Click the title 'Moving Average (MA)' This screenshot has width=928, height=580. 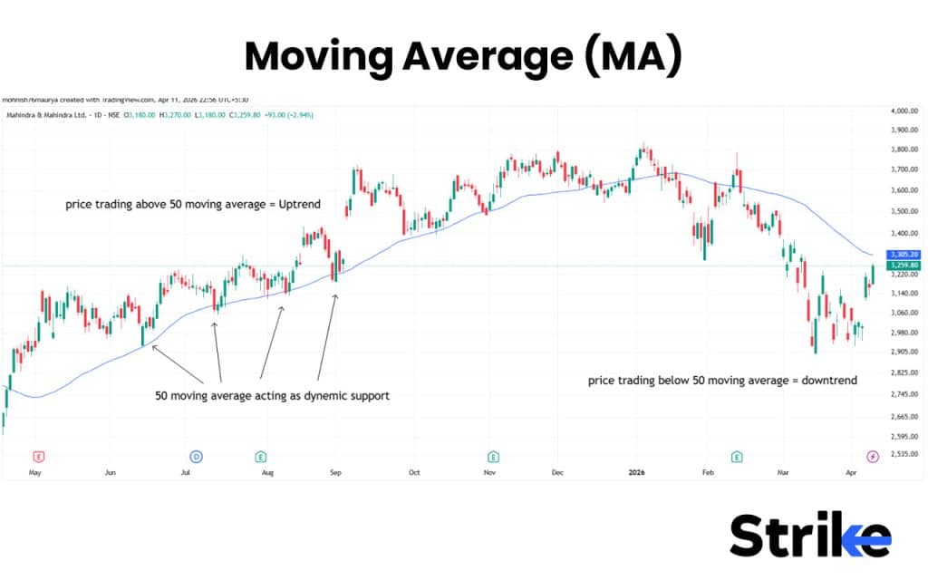coord(463,56)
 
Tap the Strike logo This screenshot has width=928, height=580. coord(809,536)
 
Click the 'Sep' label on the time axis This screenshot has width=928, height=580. coord(334,473)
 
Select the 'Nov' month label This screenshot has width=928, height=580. coord(489,473)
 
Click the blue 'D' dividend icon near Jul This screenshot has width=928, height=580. coord(195,456)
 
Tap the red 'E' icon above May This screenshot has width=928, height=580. coord(37,456)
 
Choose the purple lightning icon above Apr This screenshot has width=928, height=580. coord(873,456)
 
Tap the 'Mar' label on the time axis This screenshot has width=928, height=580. coord(783,473)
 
